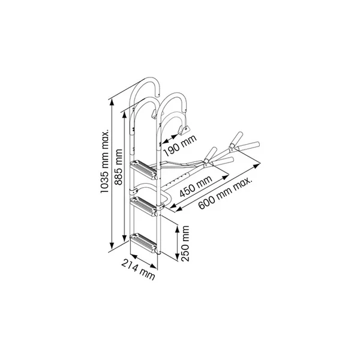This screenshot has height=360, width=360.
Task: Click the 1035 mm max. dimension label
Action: (x=104, y=161)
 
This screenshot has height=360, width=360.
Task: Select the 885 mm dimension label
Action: (x=119, y=167)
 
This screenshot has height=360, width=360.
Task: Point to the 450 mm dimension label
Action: (x=196, y=187)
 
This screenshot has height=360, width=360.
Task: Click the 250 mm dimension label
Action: (x=185, y=244)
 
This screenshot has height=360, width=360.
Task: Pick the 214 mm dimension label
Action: (x=138, y=269)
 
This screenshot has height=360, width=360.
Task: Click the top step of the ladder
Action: (x=144, y=170)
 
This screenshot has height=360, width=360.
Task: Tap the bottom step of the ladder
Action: (x=144, y=243)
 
